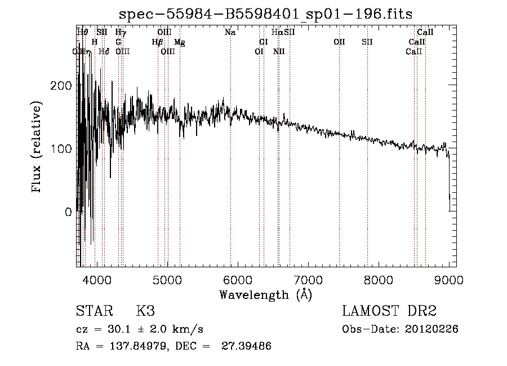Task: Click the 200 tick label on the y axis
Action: (61, 85)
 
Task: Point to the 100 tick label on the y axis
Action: (61, 149)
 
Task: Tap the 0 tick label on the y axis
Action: (69, 213)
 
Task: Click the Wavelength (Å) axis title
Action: (265, 294)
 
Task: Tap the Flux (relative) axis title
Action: (38, 148)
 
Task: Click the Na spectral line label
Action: (230, 33)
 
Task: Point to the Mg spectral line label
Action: (179, 42)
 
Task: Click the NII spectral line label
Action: (279, 51)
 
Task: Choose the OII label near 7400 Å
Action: (339, 42)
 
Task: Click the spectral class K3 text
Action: (145, 311)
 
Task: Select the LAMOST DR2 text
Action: (389, 311)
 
